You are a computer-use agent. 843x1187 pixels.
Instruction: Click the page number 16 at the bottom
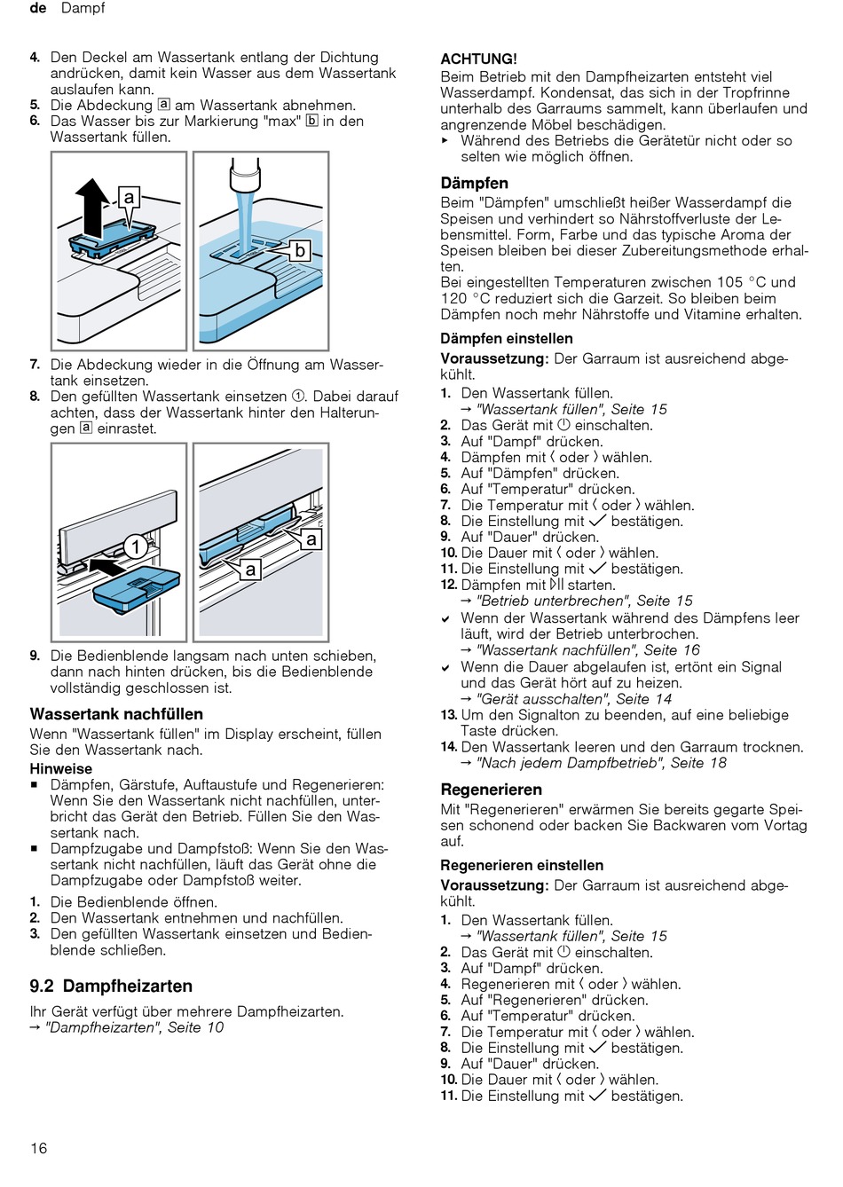pos(38,1148)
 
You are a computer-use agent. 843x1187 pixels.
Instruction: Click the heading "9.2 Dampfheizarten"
pos(111,986)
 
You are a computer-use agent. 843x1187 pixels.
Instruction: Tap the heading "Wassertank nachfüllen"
pos(116,714)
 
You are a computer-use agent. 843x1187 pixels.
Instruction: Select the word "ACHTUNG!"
pos(478,59)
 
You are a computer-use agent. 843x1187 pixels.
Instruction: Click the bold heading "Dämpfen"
pos(474,183)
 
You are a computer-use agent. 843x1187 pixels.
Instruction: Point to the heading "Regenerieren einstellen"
pos(522,865)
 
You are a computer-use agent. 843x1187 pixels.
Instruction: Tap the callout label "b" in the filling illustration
pos(300,251)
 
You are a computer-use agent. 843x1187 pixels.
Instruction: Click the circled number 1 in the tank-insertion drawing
pos(135,546)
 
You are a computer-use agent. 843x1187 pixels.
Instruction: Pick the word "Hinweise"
pos(60,768)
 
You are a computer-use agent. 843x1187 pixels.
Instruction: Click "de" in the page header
pos(38,8)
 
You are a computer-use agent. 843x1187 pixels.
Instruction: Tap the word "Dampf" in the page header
pos(83,8)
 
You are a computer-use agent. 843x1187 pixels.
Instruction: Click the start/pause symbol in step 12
pos(556,585)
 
